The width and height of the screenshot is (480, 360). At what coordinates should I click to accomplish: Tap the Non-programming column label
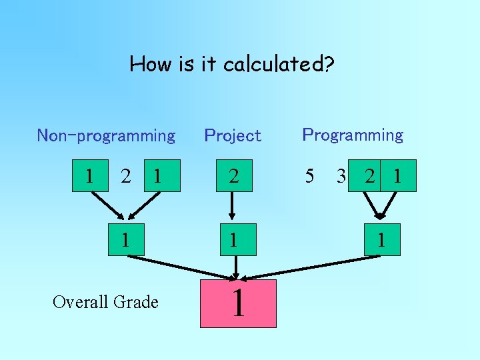point(106,136)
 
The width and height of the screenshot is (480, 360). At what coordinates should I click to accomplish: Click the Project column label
point(233,136)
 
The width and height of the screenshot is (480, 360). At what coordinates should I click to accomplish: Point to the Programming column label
point(353,135)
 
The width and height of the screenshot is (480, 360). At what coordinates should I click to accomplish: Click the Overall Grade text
point(105,302)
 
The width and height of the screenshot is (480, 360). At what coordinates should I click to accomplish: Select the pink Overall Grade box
point(238,303)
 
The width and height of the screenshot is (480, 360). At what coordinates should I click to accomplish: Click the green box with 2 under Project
point(233,176)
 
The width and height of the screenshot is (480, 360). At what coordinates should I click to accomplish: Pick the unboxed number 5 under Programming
point(309,176)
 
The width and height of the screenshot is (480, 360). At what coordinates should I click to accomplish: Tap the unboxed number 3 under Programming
point(341,176)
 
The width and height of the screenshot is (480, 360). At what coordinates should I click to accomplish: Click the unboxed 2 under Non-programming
point(125,176)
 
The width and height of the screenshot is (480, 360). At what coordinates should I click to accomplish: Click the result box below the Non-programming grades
point(125,239)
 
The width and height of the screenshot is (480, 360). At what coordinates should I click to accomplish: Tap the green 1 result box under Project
point(233,239)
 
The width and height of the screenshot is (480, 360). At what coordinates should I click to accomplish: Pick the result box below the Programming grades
point(381,239)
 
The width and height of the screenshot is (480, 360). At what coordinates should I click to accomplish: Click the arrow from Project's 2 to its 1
point(233,207)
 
